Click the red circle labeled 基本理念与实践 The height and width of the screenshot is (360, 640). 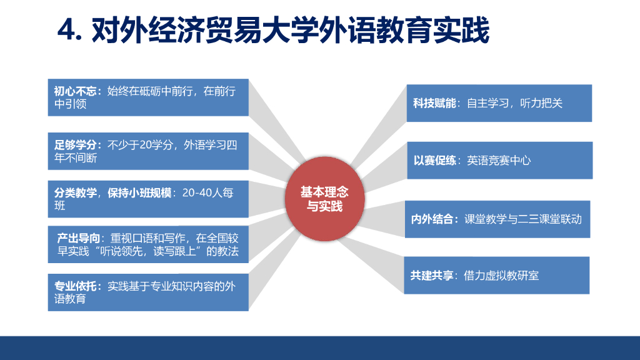pos(324,198)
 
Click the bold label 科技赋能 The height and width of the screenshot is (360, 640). pos(434,103)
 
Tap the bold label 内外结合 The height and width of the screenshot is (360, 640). pos(432,219)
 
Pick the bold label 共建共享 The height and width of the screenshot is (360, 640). pos(432,275)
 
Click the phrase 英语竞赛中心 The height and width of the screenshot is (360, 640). pos(499,161)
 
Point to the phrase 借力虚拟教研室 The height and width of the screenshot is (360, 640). pos(501,275)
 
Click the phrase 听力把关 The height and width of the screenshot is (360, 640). pos(542,103)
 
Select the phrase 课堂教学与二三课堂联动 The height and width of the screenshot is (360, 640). pos(523,219)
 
